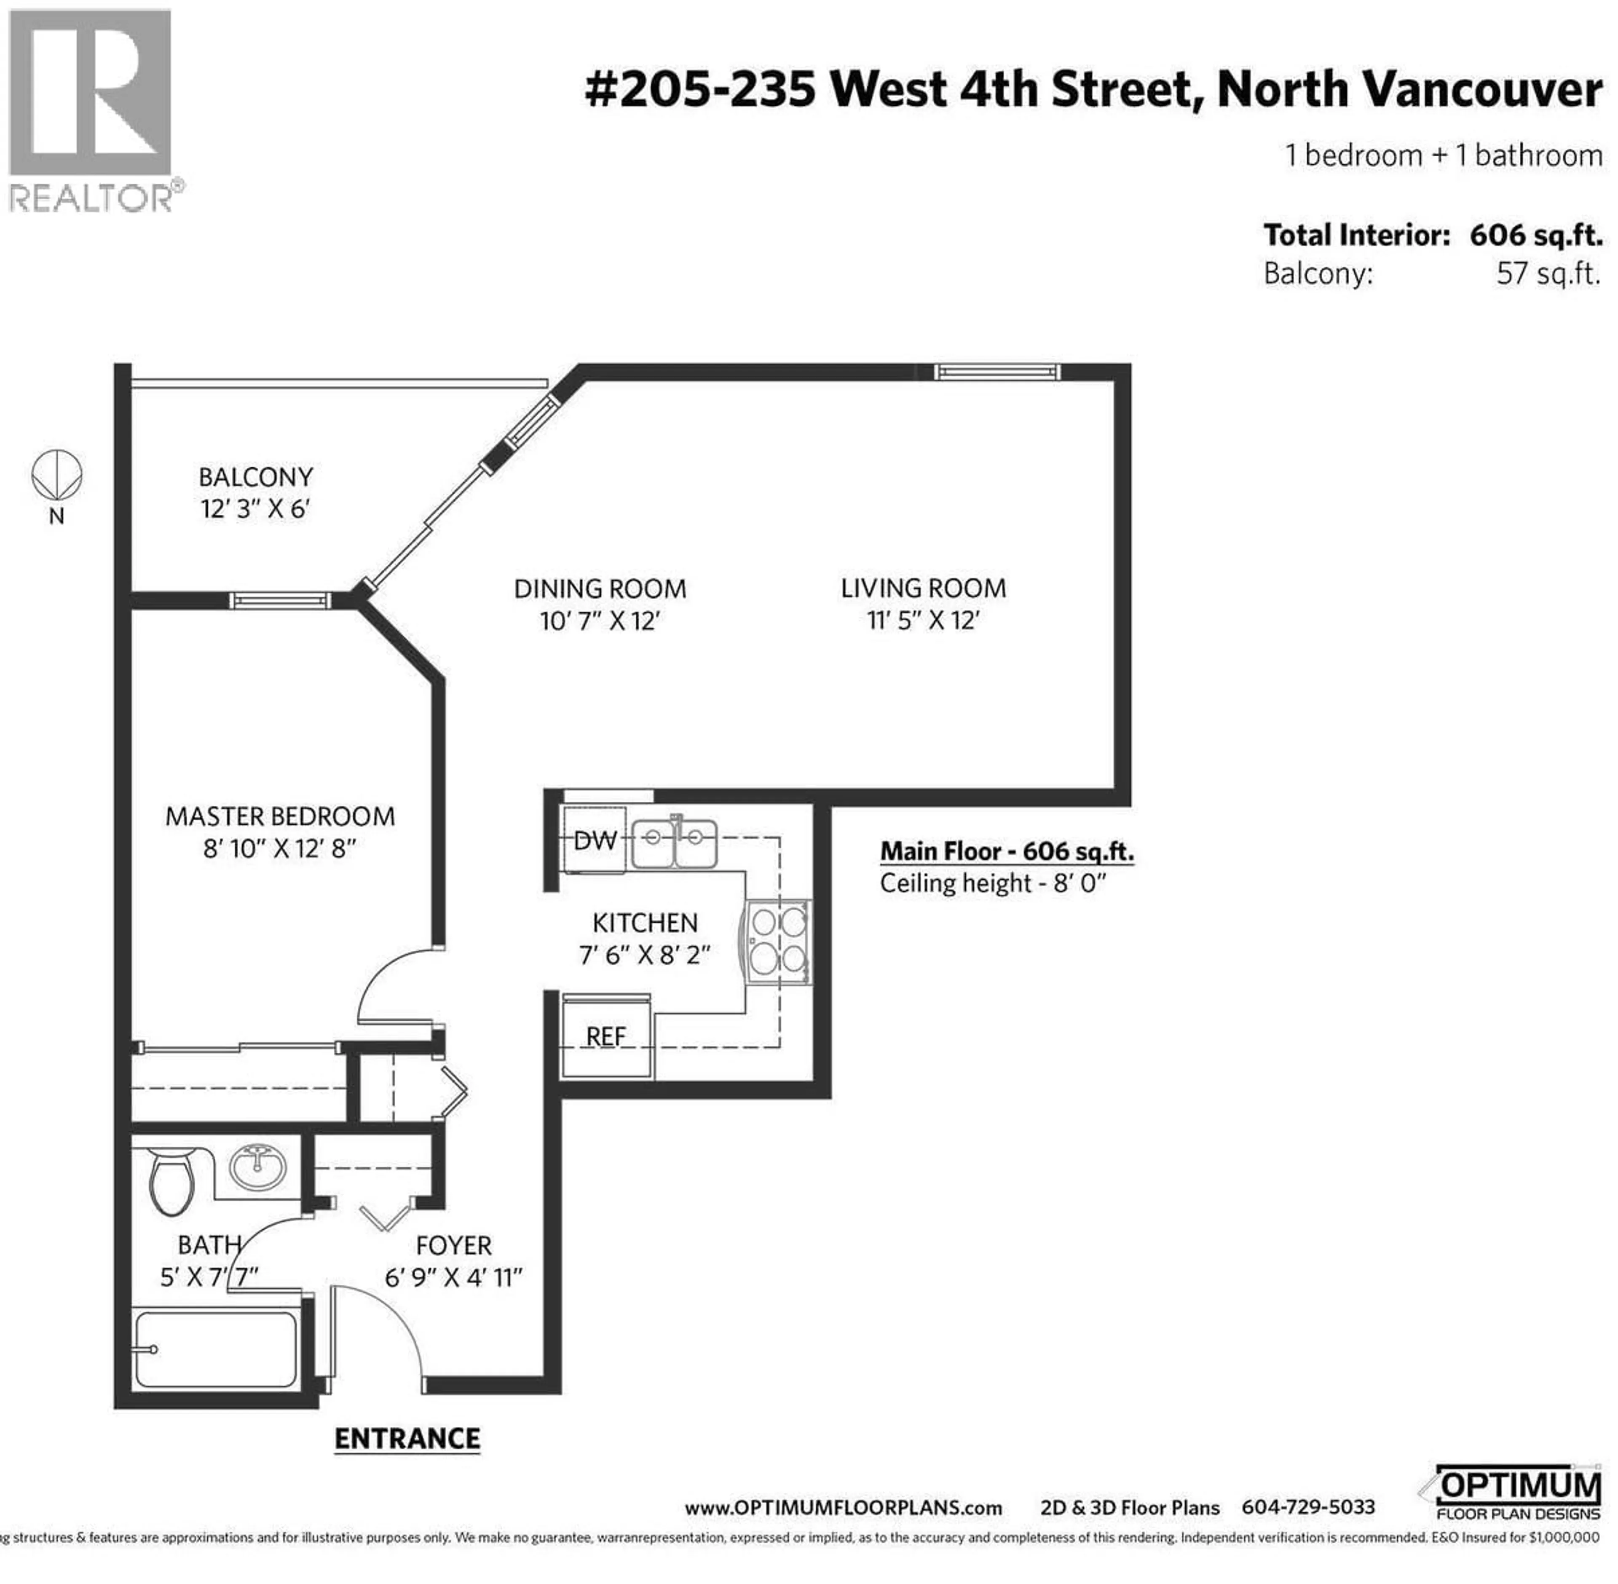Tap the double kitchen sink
(x=674, y=843)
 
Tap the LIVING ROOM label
(x=922, y=589)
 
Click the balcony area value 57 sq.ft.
(x=1548, y=274)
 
